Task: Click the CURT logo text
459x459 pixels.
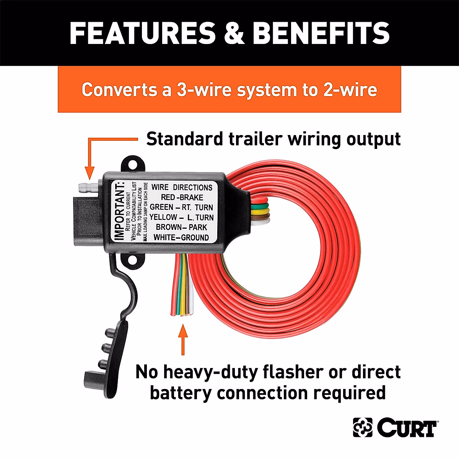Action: click(x=407, y=427)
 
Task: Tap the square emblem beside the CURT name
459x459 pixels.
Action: click(x=363, y=427)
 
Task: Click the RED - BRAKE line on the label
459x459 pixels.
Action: click(x=182, y=197)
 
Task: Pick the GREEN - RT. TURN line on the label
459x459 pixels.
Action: click(x=181, y=207)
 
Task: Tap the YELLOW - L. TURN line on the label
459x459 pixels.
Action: click(x=181, y=217)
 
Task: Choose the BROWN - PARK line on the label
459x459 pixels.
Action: click(x=181, y=227)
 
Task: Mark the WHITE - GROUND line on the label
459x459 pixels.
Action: click(x=181, y=238)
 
